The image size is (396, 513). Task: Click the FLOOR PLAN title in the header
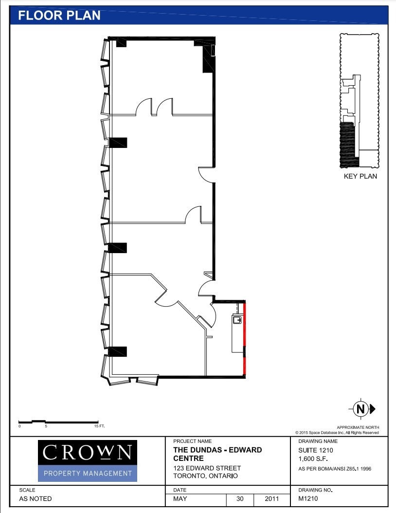tap(59, 15)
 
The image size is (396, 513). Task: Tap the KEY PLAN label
tap(360, 176)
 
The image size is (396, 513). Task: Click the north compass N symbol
tap(360, 409)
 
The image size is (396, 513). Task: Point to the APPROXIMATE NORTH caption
tap(358, 427)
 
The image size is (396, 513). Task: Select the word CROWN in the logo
tap(87, 453)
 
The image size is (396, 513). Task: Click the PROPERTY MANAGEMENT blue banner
tap(88, 473)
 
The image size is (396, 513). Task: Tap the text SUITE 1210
tap(316, 450)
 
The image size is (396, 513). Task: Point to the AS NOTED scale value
tap(35, 499)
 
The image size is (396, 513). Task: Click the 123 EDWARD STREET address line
tap(207, 468)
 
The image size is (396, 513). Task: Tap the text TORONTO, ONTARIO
tap(205, 476)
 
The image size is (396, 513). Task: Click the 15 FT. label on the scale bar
tap(99, 426)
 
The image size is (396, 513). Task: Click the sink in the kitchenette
tap(237, 320)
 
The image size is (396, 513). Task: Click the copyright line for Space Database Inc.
tap(337, 433)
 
